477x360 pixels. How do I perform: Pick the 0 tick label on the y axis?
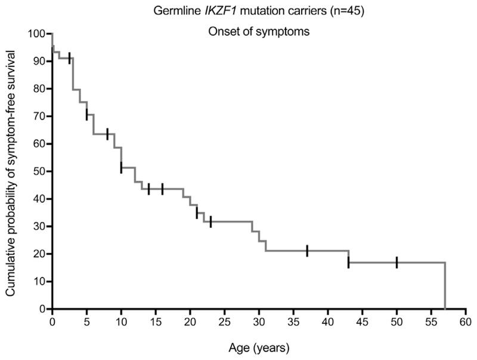coord(42,309)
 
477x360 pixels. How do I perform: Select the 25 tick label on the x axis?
coord(224,322)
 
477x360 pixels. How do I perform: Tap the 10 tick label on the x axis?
coord(121,322)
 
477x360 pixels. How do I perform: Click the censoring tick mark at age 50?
coord(397,262)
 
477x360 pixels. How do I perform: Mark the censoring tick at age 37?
coord(307,251)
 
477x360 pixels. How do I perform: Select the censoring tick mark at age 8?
coord(107,134)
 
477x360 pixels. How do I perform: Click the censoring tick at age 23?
coord(210,222)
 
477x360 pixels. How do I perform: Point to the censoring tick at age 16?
coord(162,189)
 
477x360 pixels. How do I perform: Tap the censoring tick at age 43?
coord(348,262)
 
